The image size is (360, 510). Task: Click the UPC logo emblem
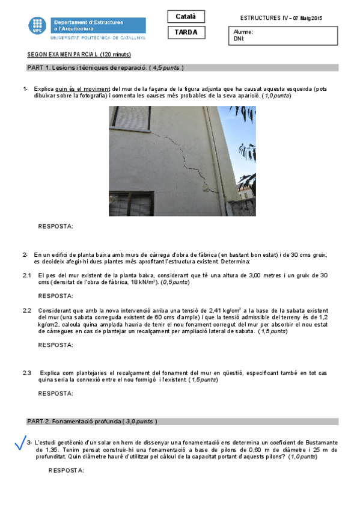[37, 26]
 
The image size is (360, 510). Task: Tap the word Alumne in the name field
[243, 32]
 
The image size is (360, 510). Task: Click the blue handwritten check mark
[20, 444]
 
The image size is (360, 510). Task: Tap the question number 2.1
[27, 275]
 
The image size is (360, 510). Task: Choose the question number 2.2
[27, 310]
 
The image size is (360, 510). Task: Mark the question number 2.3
[27, 373]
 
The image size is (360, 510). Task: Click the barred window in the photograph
[131, 204]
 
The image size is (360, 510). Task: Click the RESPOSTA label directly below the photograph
[55, 226]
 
